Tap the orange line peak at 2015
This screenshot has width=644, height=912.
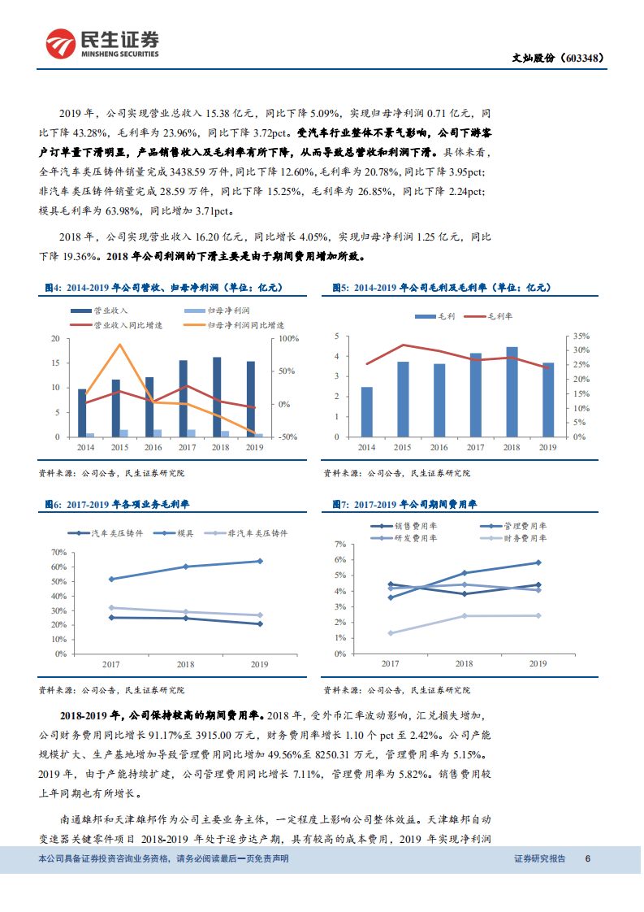tap(120, 345)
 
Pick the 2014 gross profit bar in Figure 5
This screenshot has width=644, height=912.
tap(366, 412)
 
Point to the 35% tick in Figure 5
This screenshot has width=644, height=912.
tap(580, 336)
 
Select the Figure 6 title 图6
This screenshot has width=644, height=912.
tap(54, 505)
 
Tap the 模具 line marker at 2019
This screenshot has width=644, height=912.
tap(259, 561)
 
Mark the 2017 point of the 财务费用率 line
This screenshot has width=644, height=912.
tap(391, 633)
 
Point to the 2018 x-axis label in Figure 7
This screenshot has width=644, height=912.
tap(464, 663)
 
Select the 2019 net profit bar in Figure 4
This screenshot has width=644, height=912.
tap(259, 435)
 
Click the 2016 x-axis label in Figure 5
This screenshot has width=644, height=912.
tap(439, 447)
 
